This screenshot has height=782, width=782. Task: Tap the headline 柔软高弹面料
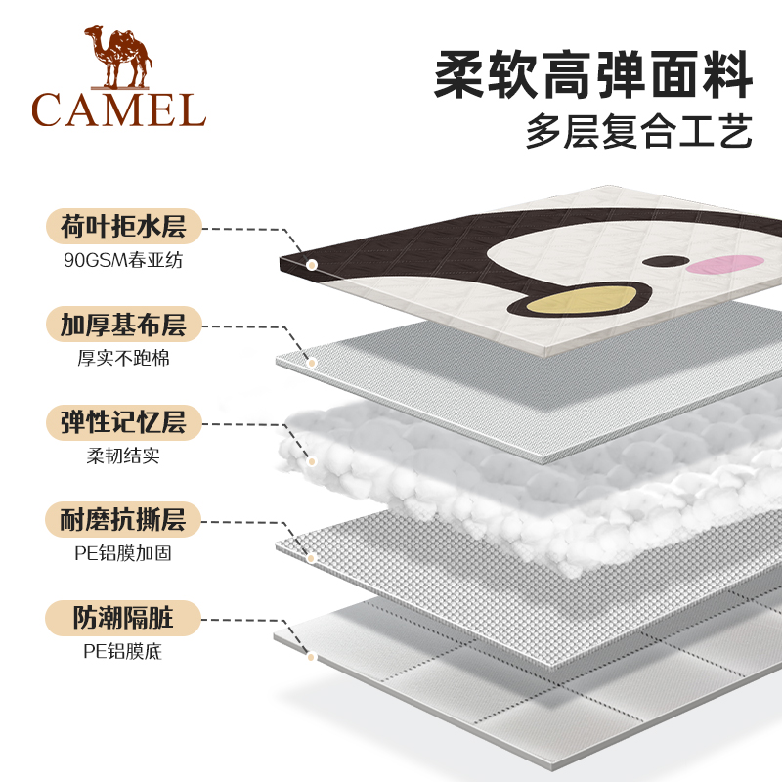point(593,72)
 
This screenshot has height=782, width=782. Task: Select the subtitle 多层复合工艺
point(639,131)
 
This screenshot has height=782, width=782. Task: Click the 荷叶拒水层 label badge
point(123,228)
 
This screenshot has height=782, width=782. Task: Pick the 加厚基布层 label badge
point(123,325)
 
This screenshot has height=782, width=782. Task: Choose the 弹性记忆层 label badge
point(123,422)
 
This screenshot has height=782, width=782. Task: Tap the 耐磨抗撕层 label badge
point(123,519)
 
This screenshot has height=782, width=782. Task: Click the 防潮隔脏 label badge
point(123,617)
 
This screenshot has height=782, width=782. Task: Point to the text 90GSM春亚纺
point(123,262)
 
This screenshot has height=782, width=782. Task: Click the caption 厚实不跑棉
point(123,359)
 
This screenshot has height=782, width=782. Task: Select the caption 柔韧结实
point(123,456)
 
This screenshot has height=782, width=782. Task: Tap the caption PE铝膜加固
point(123,553)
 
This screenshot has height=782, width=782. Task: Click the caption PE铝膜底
point(123,650)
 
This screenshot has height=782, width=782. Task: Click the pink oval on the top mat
point(725,262)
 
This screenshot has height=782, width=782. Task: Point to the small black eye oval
point(671,261)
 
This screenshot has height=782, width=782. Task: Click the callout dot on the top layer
point(312,264)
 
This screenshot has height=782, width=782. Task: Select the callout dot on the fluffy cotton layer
point(312,460)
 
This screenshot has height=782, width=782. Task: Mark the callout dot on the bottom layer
point(312,656)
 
